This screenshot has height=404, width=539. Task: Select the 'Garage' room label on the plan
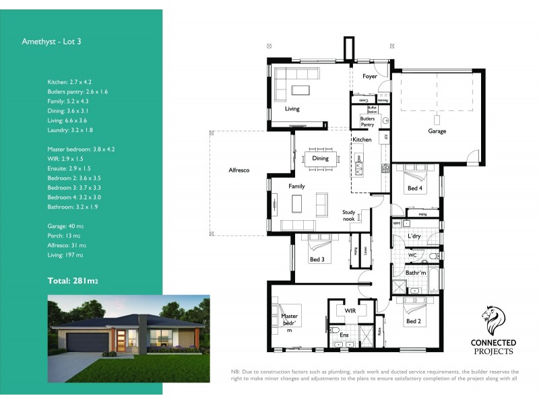click(x=437, y=131)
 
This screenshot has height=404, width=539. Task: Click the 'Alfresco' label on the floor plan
click(x=239, y=170)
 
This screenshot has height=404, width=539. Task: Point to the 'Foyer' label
click(x=370, y=77)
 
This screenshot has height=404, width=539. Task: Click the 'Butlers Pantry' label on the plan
click(x=367, y=122)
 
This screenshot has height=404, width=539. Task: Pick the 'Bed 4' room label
click(x=415, y=189)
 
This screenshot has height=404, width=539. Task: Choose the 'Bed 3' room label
click(x=317, y=259)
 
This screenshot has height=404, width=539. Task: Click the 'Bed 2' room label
click(x=414, y=322)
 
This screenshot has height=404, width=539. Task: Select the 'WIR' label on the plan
click(x=350, y=312)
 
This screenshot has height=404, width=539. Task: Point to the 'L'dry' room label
click(x=414, y=237)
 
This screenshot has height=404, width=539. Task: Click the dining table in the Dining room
click(x=321, y=159)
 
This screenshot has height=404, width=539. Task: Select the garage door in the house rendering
click(x=86, y=344)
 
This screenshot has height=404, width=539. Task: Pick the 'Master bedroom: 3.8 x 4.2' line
click(x=81, y=149)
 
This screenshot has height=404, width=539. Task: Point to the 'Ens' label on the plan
click(x=344, y=335)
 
